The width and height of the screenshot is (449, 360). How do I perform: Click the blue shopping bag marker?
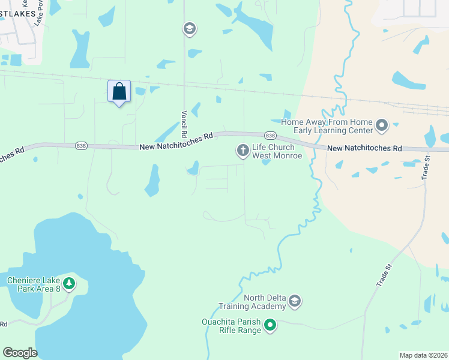click(x=119, y=92)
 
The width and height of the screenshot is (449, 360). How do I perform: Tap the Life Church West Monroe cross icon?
click(x=243, y=151)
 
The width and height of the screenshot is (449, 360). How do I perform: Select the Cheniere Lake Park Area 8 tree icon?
click(x=69, y=283)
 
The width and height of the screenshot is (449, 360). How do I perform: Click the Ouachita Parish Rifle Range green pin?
click(x=270, y=326)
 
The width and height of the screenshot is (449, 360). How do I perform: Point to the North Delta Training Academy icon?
click(x=294, y=301)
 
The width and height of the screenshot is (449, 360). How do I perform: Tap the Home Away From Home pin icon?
click(x=382, y=127)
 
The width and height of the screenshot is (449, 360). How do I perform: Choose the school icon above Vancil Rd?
click(x=190, y=29)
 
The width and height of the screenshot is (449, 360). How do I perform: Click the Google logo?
click(x=20, y=353)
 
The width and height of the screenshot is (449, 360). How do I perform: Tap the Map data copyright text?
click(x=423, y=355)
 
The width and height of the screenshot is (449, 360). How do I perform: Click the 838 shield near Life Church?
click(x=270, y=136)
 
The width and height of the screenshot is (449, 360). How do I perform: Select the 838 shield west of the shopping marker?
click(x=81, y=145)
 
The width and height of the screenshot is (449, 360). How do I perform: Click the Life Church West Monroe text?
click(x=273, y=151)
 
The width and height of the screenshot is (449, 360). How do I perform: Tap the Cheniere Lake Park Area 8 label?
click(x=34, y=284)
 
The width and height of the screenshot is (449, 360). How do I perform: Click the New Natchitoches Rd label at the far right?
click(x=364, y=148)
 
